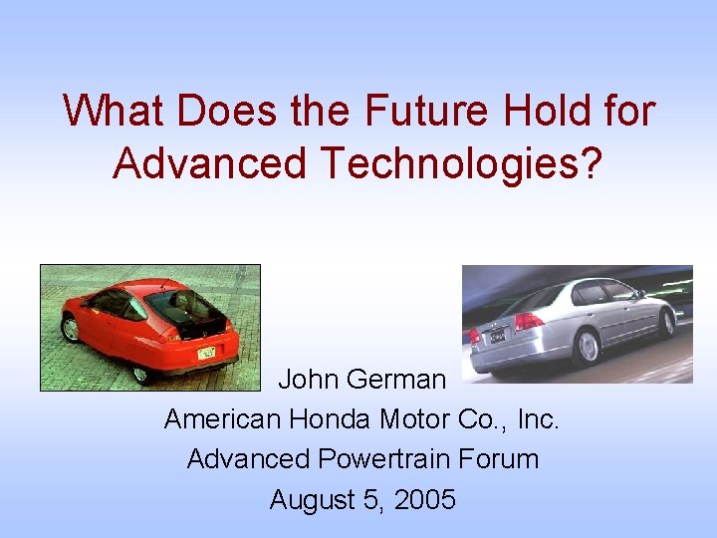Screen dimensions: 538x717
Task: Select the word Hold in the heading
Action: (x=536, y=111)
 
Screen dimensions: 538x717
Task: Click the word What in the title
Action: (x=113, y=111)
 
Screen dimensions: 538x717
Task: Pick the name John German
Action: (x=361, y=380)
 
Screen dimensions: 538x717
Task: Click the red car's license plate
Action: (x=206, y=354)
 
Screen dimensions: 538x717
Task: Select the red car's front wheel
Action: (x=69, y=330)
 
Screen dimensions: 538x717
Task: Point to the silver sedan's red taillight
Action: (x=528, y=322)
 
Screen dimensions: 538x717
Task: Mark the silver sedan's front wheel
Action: (x=667, y=322)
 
